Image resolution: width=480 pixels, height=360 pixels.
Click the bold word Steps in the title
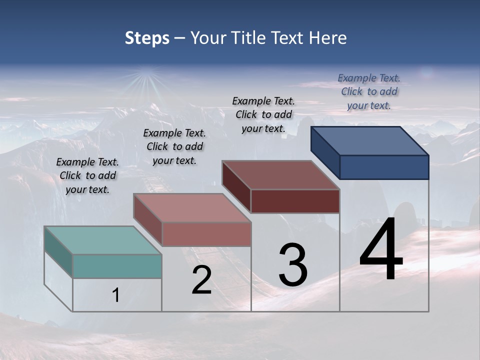pyautogui.click(x=147, y=38)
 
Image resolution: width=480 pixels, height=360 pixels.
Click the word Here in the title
pyautogui.click(x=328, y=38)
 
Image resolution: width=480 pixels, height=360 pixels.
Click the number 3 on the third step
pyautogui.click(x=293, y=265)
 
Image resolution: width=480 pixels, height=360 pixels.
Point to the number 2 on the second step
pyautogui.click(x=201, y=280)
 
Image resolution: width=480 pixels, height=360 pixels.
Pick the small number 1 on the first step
pyautogui.click(x=115, y=295)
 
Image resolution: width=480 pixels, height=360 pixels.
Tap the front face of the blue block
pyautogui.click(x=384, y=167)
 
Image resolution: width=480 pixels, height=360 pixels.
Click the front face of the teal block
pyautogui.click(x=117, y=266)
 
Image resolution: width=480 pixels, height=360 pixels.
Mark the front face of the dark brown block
pyautogui.click(x=295, y=201)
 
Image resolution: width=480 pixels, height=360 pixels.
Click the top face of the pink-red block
pyautogui.click(x=192, y=208)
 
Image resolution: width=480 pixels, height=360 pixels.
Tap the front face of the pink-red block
pyautogui.click(x=206, y=234)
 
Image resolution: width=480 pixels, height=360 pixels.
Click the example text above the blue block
pyautogui.click(x=369, y=91)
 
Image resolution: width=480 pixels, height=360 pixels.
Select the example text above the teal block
pyautogui.click(x=87, y=175)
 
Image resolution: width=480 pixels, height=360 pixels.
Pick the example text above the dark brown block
pyautogui.click(x=263, y=114)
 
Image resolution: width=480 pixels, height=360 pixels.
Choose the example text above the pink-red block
pyautogui.click(x=174, y=146)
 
